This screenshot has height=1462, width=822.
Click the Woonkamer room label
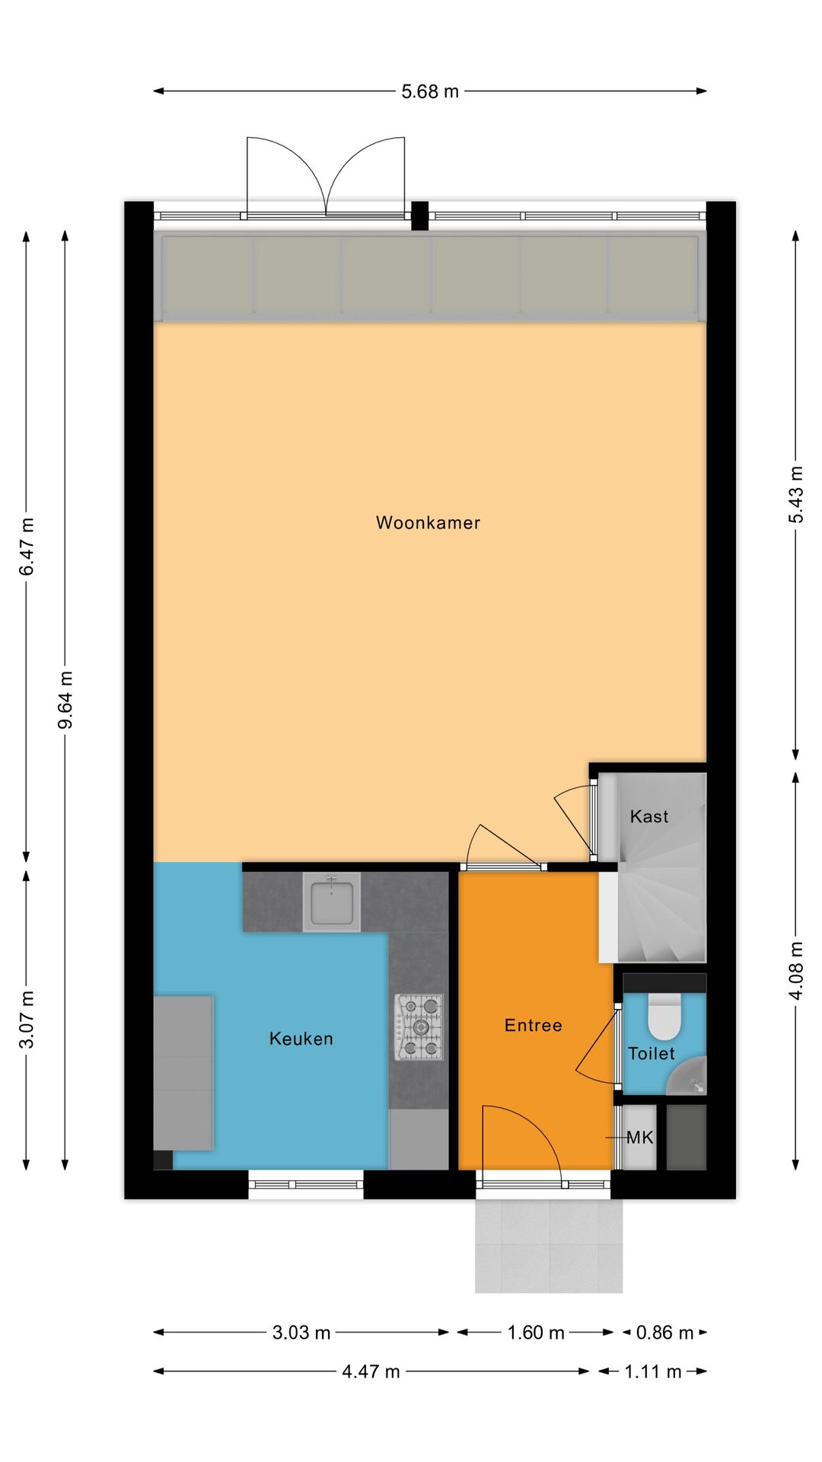(x=428, y=522)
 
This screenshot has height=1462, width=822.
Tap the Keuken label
(x=301, y=1039)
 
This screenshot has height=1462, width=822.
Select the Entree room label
(x=533, y=1025)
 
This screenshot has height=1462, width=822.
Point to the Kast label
(x=648, y=816)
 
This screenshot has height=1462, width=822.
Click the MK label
(x=639, y=1138)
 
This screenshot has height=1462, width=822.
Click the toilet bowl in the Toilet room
(x=664, y=1017)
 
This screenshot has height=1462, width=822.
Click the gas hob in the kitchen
(x=419, y=1027)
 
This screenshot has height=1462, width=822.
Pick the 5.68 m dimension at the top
(x=430, y=91)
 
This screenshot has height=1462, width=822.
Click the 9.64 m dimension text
(x=66, y=699)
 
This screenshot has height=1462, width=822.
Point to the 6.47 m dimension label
(x=27, y=546)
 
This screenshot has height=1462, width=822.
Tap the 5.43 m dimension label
(x=795, y=494)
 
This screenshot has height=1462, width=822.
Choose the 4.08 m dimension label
(x=795, y=970)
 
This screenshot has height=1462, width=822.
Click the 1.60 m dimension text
(x=536, y=1333)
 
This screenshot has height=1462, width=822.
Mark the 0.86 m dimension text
(x=664, y=1333)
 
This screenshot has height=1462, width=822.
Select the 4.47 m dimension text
(x=371, y=1371)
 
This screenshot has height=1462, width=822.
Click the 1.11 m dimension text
(x=652, y=1371)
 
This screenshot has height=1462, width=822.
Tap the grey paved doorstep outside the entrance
(x=548, y=1245)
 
